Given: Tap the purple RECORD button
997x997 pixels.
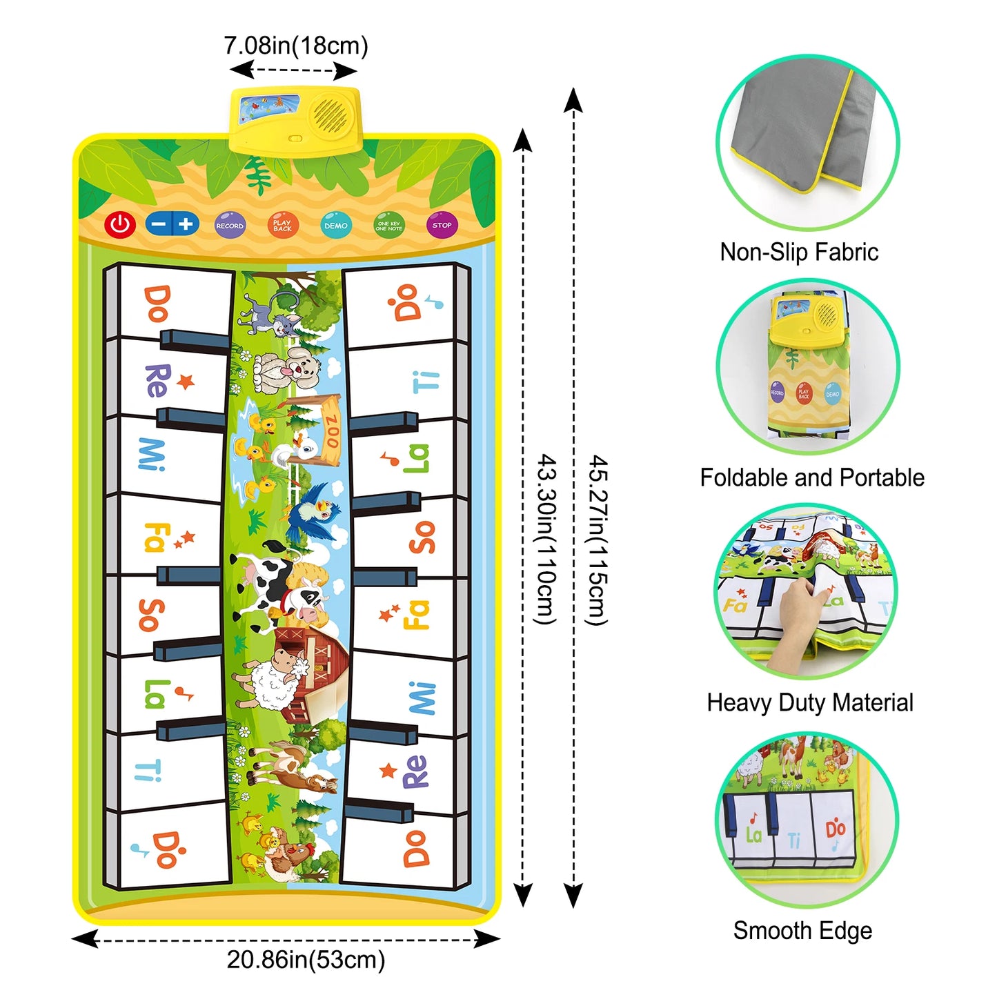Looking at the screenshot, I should (x=230, y=226).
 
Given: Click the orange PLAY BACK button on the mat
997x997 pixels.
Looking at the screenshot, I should (x=283, y=225).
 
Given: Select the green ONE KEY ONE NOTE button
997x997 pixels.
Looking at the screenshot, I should (x=389, y=226).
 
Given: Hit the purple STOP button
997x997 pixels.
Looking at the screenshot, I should (x=442, y=225).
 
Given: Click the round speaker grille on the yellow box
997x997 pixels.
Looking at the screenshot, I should (x=330, y=114).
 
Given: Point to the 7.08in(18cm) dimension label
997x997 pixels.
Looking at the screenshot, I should (x=296, y=46).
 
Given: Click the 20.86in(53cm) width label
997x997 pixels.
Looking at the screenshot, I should (x=306, y=960).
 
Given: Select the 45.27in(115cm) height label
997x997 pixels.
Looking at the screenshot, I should (x=598, y=540).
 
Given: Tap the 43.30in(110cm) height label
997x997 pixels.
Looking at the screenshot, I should (x=546, y=540).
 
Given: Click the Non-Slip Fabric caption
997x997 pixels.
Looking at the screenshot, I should (x=799, y=252).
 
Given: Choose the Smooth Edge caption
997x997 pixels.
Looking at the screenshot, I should (x=802, y=930).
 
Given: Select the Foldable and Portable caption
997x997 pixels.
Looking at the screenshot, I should (x=812, y=477).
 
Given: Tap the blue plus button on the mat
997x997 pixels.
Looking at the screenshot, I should (x=186, y=224).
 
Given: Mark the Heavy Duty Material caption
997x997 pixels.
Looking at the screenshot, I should (x=810, y=702).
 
